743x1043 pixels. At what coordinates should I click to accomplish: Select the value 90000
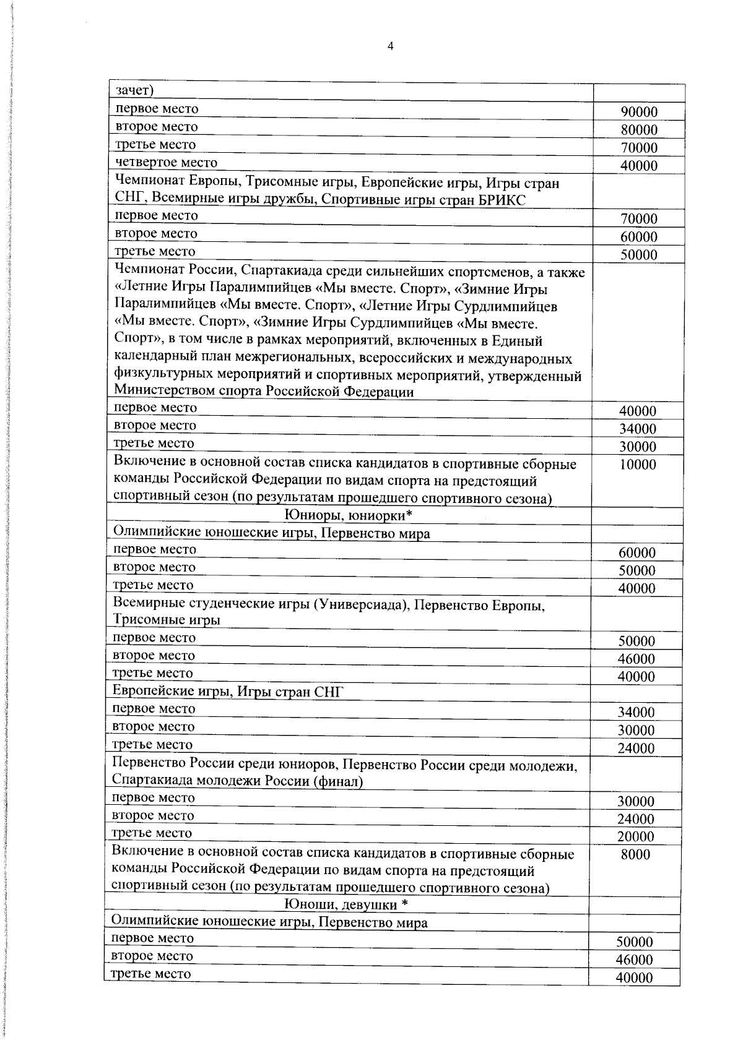click(x=639, y=112)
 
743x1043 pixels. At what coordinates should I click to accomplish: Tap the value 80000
click(x=639, y=130)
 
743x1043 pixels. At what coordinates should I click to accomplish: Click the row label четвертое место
click(x=167, y=162)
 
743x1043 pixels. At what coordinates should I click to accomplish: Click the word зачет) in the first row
click(x=134, y=90)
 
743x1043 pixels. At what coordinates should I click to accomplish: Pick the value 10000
click(x=638, y=465)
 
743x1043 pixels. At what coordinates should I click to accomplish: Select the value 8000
click(x=636, y=854)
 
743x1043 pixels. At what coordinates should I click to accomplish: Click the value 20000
click(x=636, y=836)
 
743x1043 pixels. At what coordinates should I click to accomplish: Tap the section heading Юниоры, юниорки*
click(x=348, y=515)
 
